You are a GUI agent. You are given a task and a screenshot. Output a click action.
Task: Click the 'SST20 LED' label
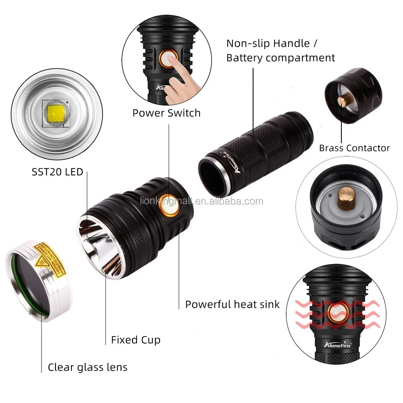click(x=57, y=172)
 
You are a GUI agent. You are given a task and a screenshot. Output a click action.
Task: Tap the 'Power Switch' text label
click(x=166, y=113)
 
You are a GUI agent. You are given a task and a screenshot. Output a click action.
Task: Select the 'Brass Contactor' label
click(x=354, y=148)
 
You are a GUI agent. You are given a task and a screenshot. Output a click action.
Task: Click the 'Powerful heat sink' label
click(x=232, y=304)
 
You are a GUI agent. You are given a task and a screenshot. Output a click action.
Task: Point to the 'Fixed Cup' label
click(x=135, y=340)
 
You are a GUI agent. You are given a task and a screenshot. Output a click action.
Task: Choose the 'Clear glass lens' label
click(x=87, y=367)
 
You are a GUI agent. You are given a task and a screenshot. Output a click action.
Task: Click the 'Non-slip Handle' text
click(x=268, y=43)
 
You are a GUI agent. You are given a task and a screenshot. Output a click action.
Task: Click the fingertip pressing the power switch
click(x=172, y=61)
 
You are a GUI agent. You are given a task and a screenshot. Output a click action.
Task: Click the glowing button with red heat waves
click(x=338, y=312)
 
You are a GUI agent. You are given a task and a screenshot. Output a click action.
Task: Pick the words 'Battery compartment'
click(x=280, y=58)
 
